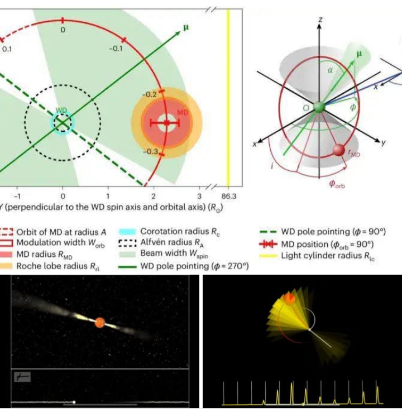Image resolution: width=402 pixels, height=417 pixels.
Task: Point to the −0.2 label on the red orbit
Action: (149, 95)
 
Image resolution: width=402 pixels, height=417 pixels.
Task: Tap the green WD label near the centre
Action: (61, 111)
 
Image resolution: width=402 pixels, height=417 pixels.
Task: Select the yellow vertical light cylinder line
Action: (228, 95)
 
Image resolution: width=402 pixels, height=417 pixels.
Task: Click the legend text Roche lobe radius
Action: (48, 266)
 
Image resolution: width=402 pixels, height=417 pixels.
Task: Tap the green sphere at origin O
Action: (319, 107)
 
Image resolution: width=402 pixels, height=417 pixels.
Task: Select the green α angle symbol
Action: (330, 71)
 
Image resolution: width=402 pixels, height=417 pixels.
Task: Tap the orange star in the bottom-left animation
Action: (99, 322)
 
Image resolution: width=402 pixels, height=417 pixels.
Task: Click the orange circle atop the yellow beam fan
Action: (289, 298)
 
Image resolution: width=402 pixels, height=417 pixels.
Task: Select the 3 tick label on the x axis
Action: (199, 196)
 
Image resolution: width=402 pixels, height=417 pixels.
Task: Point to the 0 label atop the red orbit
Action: (63, 30)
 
